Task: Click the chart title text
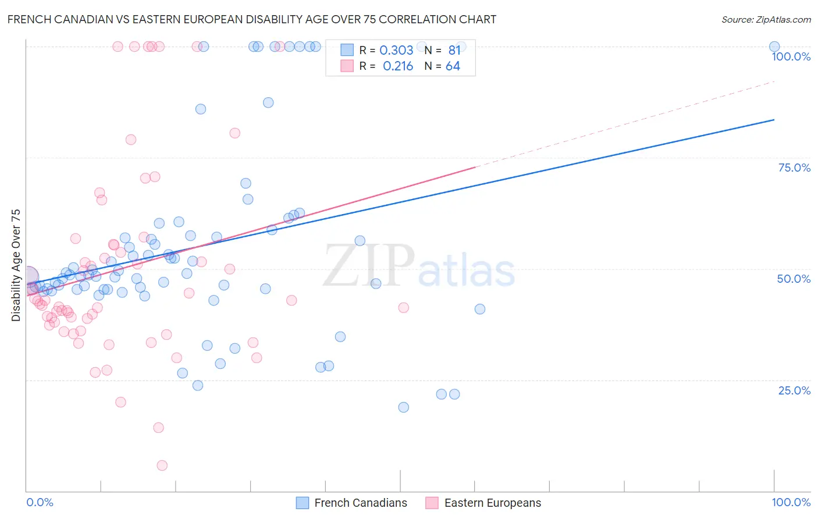pyautogui.click(x=251, y=19)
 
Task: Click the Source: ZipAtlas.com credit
pyautogui.click(x=766, y=19)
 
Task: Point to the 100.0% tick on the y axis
pyautogui.click(x=791, y=56)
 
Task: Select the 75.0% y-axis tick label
pyautogui.click(x=794, y=168)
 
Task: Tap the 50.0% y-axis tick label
pyautogui.click(x=794, y=279)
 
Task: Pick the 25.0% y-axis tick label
pyautogui.click(x=794, y=390)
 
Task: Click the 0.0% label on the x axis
pyautogui.click(x=40, y=502)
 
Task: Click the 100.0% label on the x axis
pyautogui.click(x=791, y=502)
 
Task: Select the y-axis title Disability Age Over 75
pyautogui.click(x=16, y=265)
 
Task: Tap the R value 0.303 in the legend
pyautogui.click(x=396, y=51)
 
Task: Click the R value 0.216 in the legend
pyautogui.click(x=398, y=66)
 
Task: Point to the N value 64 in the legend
pyautogui.click(x=453, y=66)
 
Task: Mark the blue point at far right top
pyautogui.click(x=774, y=47)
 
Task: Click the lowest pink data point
pyautogui.click(x=162, y=465)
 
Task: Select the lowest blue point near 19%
pyautogui.click(x=403, y=407)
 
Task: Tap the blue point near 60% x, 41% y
pyautogui.click(x=480, y=309)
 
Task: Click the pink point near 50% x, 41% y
pyautogui.click(x=403, y=308)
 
